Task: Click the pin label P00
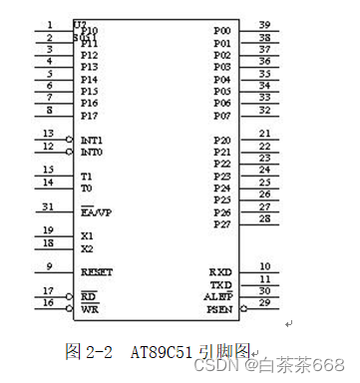[x=222, y=31]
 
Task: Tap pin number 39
[x=264, y=25]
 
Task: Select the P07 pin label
[x=222, y=116]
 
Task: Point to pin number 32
[x=264, y=110]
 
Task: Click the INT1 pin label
[x=92, y=141]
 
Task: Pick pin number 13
[x=49, y=134]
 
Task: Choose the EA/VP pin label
[x=96, y=212]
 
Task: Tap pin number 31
[x=49, y=206]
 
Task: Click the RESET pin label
[x=97, y=271]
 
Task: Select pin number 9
[x=50, y=265]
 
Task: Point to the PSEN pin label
[x=219, y=309]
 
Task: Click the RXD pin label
[x=220, y=271]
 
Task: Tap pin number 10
[x=264, y=266]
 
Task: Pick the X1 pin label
[x=87, y=236]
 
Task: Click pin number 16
[x=49, y=302]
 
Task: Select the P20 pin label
[x=222, y=141]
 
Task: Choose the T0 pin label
[x=87, y=188]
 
